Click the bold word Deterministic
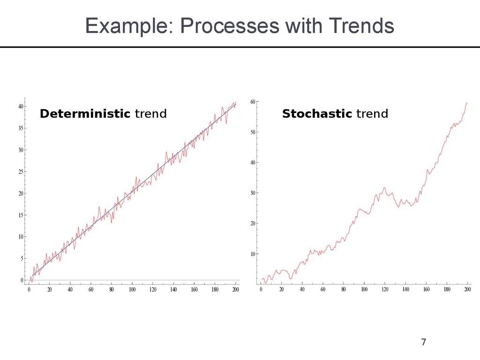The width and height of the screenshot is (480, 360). [x=85, y=113]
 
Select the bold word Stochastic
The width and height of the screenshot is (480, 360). [x=317, y=113]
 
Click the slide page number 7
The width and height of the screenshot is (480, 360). [x=424, y=342]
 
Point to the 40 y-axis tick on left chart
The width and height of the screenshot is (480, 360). [x=20, y=106]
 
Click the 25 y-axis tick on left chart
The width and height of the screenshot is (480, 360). [x=20, y=172]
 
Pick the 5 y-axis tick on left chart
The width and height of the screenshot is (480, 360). [x=22, y=258]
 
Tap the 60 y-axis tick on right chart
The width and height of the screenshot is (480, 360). [x=253, y=102]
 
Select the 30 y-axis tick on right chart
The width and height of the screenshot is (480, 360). [x=253, y=193]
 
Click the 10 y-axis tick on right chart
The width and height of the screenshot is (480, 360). [x=253, y=254]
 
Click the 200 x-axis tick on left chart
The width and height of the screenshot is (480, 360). [x=235, y=290]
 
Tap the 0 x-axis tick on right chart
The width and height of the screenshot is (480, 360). [x=261, y=290]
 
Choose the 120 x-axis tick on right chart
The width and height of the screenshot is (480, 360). [x=385, y=290]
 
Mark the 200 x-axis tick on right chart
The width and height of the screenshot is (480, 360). [x=467, y=290]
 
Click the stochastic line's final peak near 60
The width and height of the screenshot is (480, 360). [x=467, y=103]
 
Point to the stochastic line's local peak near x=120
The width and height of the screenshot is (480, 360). [x=384, y=187]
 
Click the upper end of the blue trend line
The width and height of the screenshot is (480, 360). [x=235, y=105]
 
